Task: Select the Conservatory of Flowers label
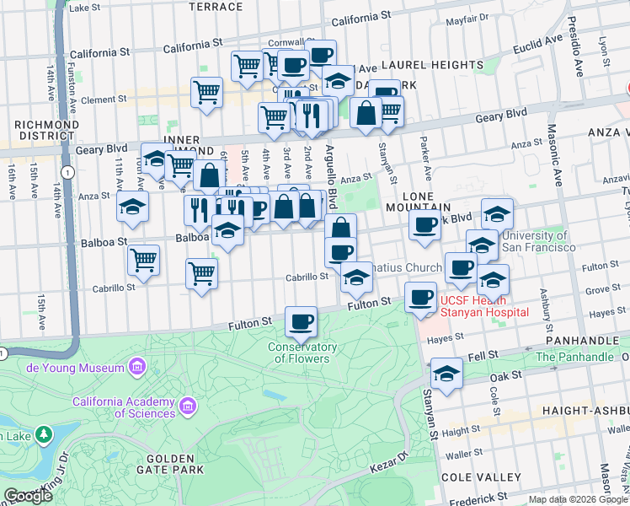tap(302, 353)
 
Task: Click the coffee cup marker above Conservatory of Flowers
tap(301, 321)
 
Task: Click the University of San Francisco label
tap(535, 241)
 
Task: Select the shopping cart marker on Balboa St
tap(144, 260)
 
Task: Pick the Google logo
tap(28, 497)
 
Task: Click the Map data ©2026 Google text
tap(577, 499)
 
